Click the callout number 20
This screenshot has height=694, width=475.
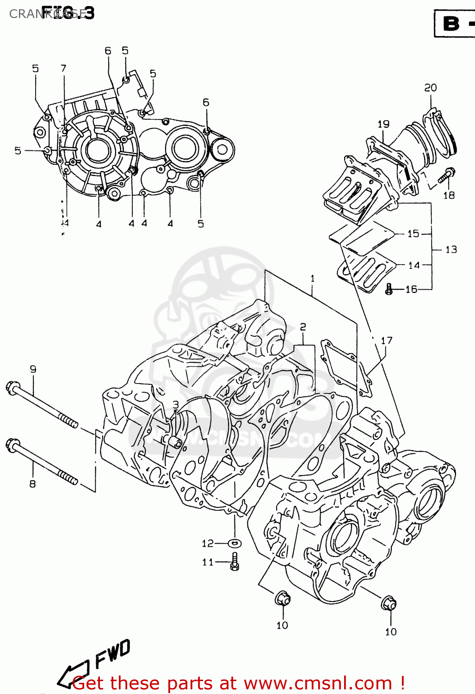430,87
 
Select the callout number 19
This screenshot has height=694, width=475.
383,124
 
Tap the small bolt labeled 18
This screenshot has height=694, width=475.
447,176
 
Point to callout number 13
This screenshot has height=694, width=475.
451,250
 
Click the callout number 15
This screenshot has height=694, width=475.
413,234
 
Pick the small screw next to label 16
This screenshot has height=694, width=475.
389,290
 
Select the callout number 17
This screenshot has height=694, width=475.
386,341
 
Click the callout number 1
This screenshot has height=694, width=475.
313,278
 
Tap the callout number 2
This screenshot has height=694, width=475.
302,327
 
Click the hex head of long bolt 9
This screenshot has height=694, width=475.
12,387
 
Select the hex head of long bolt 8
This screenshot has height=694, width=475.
12,445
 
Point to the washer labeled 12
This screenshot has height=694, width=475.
235,543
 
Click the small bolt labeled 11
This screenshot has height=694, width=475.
235,562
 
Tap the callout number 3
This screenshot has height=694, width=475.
176,405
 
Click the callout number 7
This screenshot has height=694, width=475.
63,68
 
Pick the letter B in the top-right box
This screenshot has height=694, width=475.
451,24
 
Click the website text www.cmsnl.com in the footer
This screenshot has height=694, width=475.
318,683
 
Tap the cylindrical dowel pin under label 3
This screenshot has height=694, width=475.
175,442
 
